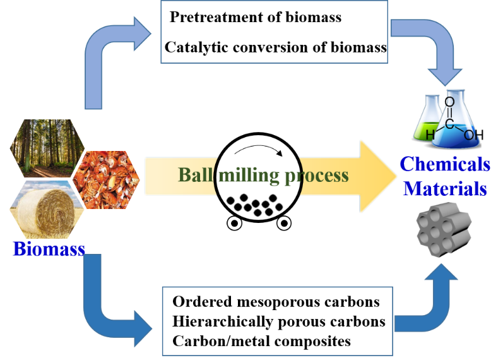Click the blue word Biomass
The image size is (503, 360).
[x=49, y=248]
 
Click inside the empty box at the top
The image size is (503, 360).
[x=274, y=32]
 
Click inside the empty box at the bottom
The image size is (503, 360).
[x=278, y=320]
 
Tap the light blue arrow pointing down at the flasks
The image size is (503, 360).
[x=429, y=51]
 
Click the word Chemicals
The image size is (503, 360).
[x=445, y=164]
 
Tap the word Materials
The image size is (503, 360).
[x=445, y=188]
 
